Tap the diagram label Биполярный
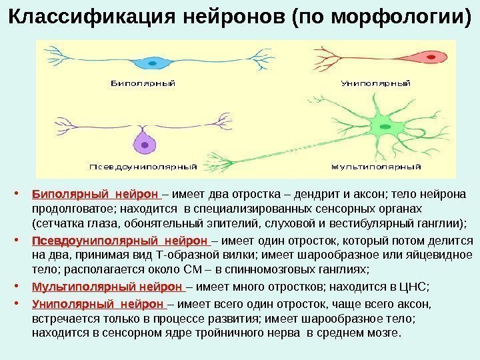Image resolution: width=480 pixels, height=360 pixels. tap(142, 84)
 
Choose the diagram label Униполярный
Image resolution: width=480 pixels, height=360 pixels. tap(375, 84)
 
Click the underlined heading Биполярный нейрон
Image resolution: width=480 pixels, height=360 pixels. tap(95, 195)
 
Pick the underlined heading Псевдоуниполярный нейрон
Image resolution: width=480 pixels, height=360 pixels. tap(119, 241)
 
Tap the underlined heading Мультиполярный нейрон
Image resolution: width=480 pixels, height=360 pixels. tap(107, 287)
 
